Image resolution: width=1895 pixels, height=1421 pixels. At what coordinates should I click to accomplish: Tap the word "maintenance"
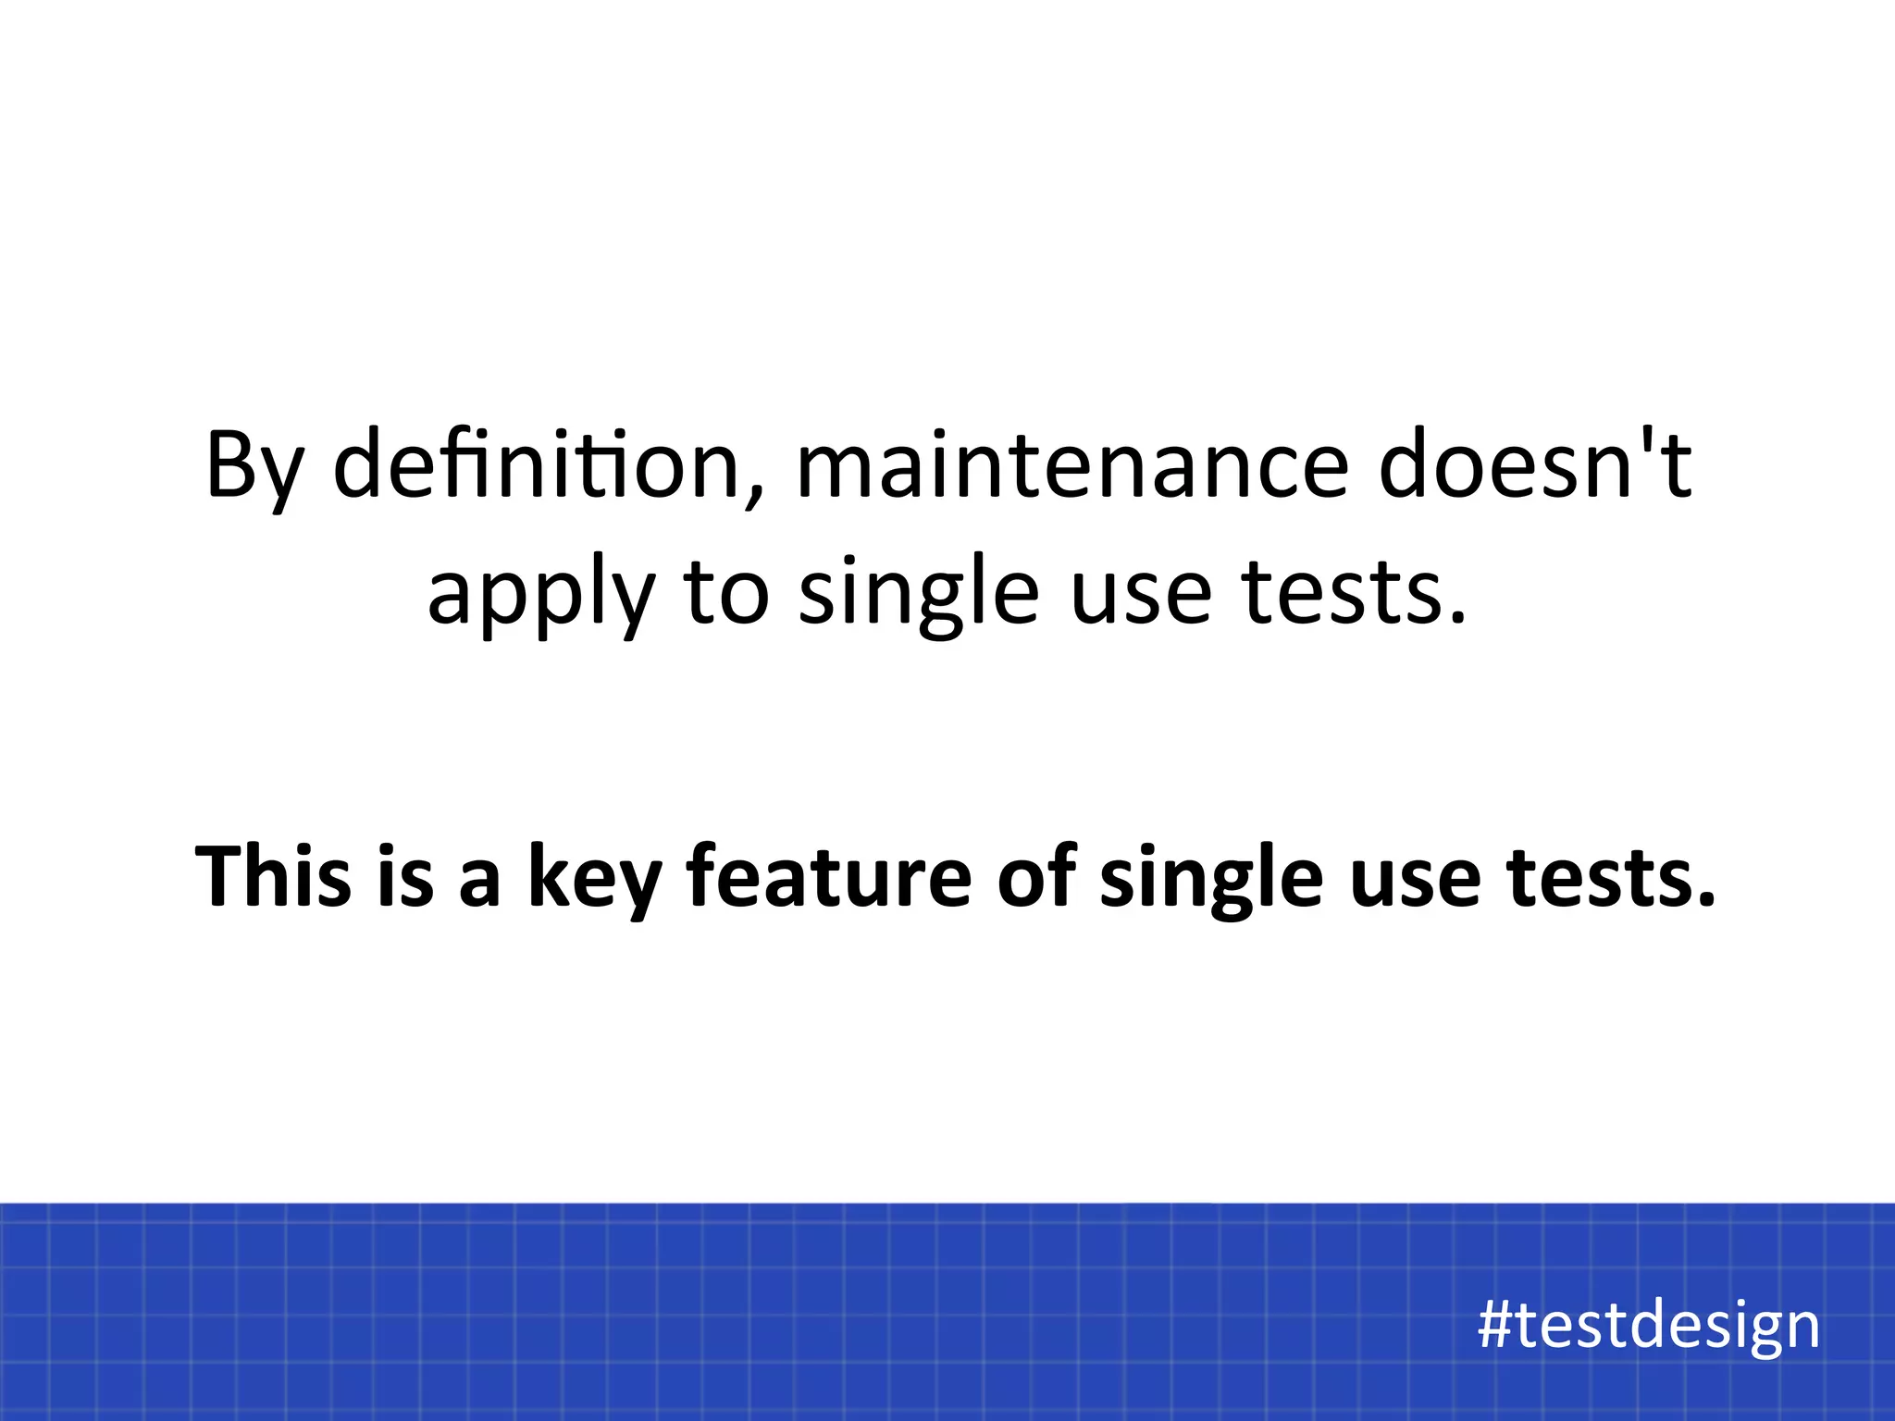pyautogui.click(x=1071, y=465)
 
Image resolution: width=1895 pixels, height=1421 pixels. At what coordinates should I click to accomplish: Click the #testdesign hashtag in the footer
pyautogui.click(x=1648, y=1326)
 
